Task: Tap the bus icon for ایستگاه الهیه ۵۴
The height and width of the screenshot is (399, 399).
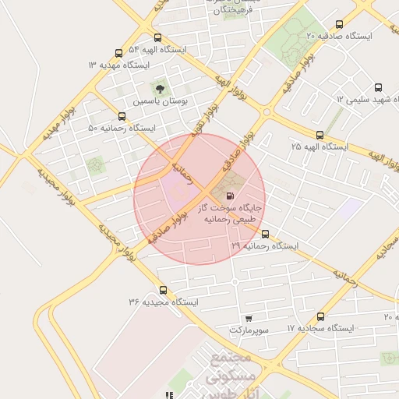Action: point(158,37)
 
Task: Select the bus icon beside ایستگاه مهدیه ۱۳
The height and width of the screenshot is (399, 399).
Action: point(118,53)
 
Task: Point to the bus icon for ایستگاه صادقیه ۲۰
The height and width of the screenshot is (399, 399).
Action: point(338,24)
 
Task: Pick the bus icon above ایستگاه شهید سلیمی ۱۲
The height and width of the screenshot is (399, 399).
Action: point(378,88)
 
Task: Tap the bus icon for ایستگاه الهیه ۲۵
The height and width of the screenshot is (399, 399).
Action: point(319,135)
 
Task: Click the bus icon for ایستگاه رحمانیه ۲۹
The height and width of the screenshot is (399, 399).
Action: point(265,234)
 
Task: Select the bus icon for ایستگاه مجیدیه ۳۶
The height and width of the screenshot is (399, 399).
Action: point(162,290)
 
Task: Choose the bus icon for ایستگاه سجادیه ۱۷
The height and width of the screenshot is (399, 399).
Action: point(320,316)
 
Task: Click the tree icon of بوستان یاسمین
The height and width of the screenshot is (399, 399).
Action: point(161,89)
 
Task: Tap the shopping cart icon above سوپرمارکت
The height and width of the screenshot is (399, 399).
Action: point(249,318)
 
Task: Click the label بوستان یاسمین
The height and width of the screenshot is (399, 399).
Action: point(160,101)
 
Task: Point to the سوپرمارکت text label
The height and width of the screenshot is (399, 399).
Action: point(249,330)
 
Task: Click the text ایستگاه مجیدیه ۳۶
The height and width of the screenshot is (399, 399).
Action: point(164,302)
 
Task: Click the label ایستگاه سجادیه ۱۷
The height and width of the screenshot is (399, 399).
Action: point(320,329)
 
